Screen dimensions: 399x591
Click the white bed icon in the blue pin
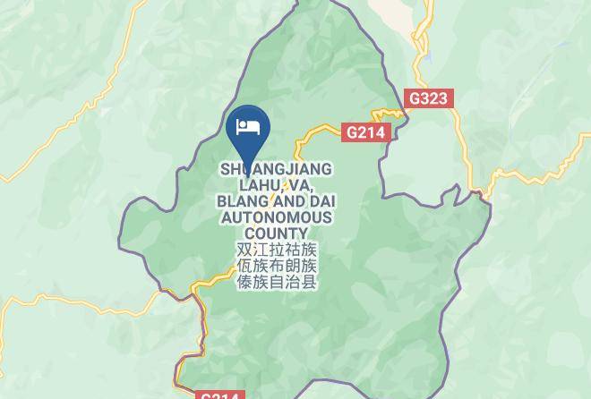(246, 125)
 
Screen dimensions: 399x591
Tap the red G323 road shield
(428, 98)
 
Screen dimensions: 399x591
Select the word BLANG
(239, 201)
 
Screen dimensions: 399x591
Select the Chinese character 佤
(244, 266)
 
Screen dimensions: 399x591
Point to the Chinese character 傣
(244, 282)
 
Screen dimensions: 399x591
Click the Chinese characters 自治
(293, 282)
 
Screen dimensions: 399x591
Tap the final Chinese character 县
(309, 282)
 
